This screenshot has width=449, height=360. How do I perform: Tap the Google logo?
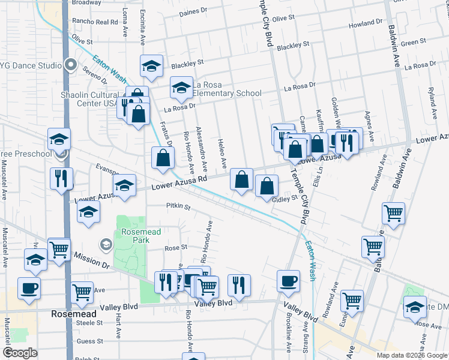pyautogui.click(x=20, y=353)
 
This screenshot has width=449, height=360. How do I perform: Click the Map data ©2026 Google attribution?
pyautogui.click(x=412, y=355)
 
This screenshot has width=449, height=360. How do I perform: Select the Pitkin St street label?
pyautogui.click(x=178, y=207)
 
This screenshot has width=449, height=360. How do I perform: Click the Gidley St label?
pyautogui.click(x=285, y=199)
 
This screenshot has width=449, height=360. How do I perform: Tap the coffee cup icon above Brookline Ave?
pyautogui.click(x=288, y=281)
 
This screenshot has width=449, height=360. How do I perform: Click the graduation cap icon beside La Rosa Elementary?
pyautogui.click(x=181, y=88)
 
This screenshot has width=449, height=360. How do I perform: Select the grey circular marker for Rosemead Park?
pyautogui.click(x=106, y=244)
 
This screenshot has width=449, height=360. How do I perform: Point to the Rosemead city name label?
pyautogui.click(x=73, y=314)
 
